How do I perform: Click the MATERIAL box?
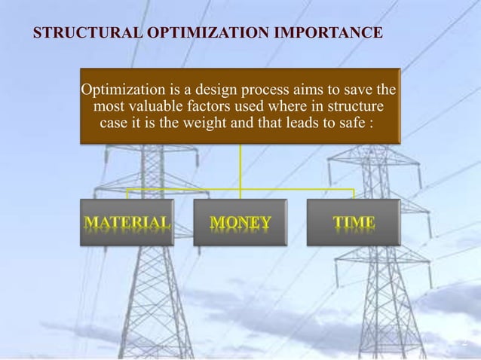[127, 222]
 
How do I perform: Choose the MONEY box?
[240, 222]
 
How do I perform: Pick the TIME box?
[354, 222]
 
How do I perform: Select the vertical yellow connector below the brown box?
[240, 166]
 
